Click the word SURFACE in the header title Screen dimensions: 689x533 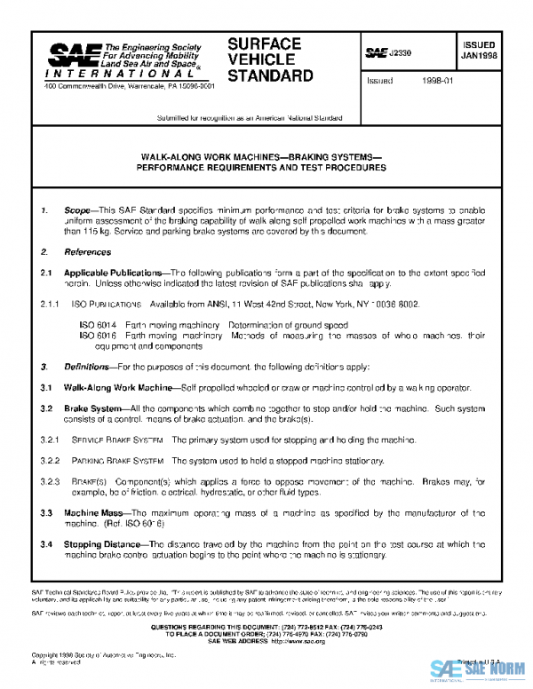tap(264, 44)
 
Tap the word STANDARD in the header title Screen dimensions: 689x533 tap(270, 76)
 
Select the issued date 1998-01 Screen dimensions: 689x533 tap(437, 80)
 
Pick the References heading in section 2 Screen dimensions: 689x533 tap(87, 252)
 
